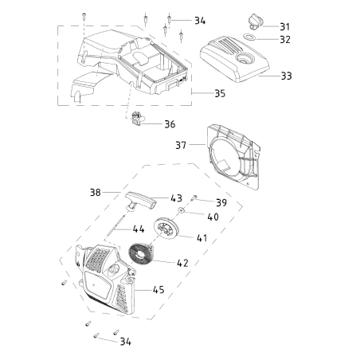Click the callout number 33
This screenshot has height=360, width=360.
286,76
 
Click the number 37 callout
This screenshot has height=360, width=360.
182,145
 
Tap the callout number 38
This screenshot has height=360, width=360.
117,192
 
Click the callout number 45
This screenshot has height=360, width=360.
159,290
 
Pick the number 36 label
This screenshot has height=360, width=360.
170,124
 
